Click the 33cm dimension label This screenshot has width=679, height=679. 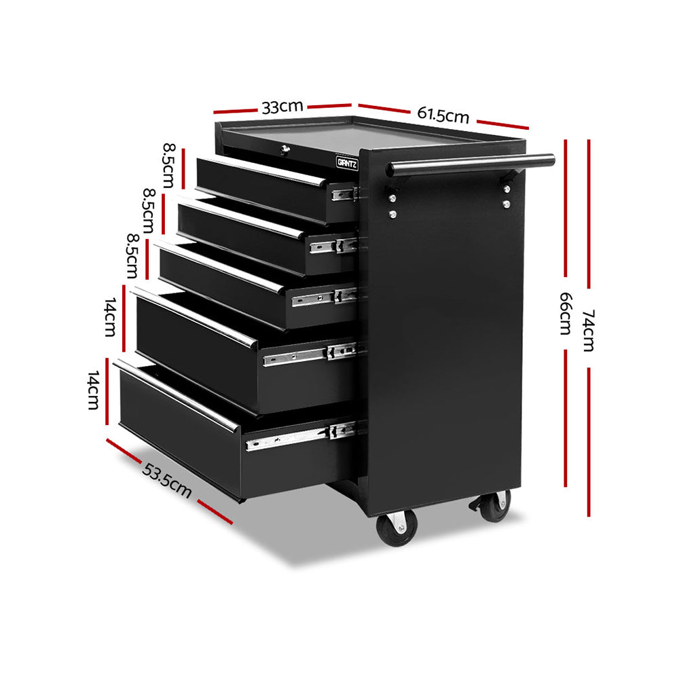(x=282, y=107)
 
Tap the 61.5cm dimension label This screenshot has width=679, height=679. (x=443, y=114)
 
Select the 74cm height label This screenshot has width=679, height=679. (x=587, y=330)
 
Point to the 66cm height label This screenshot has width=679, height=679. (x=565, y=314)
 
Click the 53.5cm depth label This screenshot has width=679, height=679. (x=166, y=480)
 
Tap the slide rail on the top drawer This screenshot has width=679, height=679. (x=344, y=194)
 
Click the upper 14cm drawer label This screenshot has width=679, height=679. (x=111, y=318)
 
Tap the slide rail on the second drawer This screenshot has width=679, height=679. (x=333, y=245)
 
